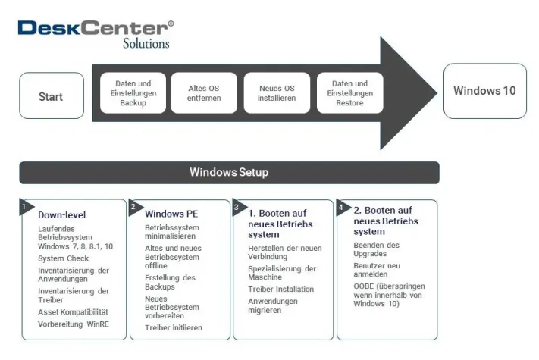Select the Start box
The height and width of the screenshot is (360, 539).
[51, 96]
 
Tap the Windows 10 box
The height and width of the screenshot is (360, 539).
[484, 91]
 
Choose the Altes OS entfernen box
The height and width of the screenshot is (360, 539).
[203, 93]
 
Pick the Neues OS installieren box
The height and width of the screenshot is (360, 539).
[277, 93]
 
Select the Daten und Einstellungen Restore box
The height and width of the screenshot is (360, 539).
[349, 93]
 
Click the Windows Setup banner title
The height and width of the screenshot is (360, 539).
[229, 172]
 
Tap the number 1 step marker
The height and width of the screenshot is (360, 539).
[24, 206]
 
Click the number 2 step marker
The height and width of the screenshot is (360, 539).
[134, 206]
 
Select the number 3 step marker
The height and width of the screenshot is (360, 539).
[237, 206]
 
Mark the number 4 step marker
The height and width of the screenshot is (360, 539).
[340, 206]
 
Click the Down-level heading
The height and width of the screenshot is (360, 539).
[62, 214]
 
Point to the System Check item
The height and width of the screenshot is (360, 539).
[64, 258]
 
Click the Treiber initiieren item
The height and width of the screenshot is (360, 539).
[174, 327]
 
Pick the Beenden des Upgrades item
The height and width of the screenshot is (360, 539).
[376, 250]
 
